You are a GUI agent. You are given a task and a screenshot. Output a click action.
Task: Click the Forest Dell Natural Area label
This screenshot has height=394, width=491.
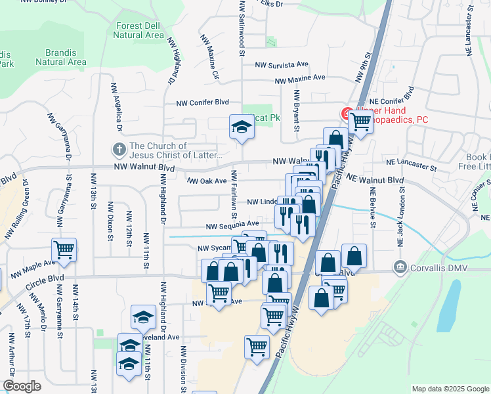tap(139, 30)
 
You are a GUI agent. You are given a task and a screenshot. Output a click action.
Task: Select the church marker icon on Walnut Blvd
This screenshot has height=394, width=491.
tap(119, 150)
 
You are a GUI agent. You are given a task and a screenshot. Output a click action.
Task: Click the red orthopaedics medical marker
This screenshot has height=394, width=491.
tap(345, 114)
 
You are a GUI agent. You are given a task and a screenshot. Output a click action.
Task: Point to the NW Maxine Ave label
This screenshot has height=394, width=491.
tap(300, 79)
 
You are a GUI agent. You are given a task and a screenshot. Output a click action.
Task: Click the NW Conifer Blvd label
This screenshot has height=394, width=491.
tap(203, 102)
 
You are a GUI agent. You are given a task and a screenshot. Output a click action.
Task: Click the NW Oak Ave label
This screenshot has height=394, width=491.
tap(207, 181)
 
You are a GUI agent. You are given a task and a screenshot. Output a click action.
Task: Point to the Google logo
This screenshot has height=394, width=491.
tap(21, 386)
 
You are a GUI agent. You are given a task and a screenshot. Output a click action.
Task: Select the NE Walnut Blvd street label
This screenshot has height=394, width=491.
tap(375, 179)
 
